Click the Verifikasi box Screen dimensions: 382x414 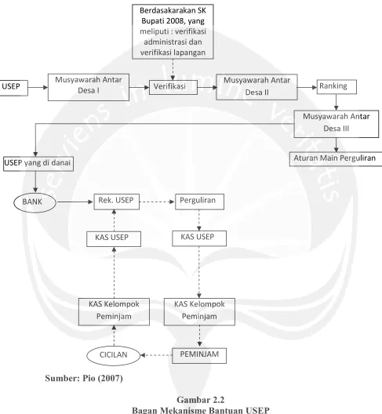pos(173,87)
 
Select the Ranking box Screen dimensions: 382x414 pos(337,87)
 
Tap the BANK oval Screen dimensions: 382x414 pos(35,202)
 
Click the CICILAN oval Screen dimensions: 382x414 pos(113,355)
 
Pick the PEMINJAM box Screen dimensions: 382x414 pos(199,356)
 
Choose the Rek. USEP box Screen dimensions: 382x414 pos(117,202)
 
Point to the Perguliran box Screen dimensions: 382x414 pos(199,202)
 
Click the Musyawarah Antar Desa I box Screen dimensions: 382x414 pos(89,87)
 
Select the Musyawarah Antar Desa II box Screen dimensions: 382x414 pos(256,87)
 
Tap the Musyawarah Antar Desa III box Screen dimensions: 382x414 pos(337,124)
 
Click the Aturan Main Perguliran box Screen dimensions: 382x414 pos(336,158)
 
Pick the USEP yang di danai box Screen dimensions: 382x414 pos(38,164)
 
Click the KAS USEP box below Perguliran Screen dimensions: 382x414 pos(199,238)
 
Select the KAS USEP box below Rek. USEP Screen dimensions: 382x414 pos(114,239)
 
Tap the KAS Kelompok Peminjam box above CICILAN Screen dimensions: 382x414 pos(114,312)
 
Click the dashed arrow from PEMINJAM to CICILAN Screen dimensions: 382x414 pos(156,355)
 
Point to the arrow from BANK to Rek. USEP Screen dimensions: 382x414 pos(75,202)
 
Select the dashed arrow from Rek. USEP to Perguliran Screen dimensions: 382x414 pos(157,202)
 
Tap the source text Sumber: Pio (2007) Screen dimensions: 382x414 pos(84,379)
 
